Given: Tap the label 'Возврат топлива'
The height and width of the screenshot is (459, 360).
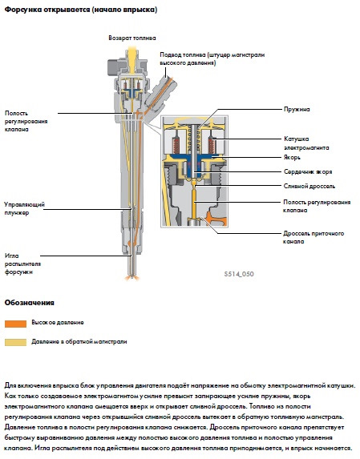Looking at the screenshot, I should click(x=133, y=38).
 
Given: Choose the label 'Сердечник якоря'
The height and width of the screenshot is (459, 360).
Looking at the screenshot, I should click(x=308, y=172).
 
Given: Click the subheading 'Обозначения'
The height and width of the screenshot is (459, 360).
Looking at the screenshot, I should click(x=30, y=304).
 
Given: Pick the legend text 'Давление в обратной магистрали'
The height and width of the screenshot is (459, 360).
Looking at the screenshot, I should click(x=79, y=340).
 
